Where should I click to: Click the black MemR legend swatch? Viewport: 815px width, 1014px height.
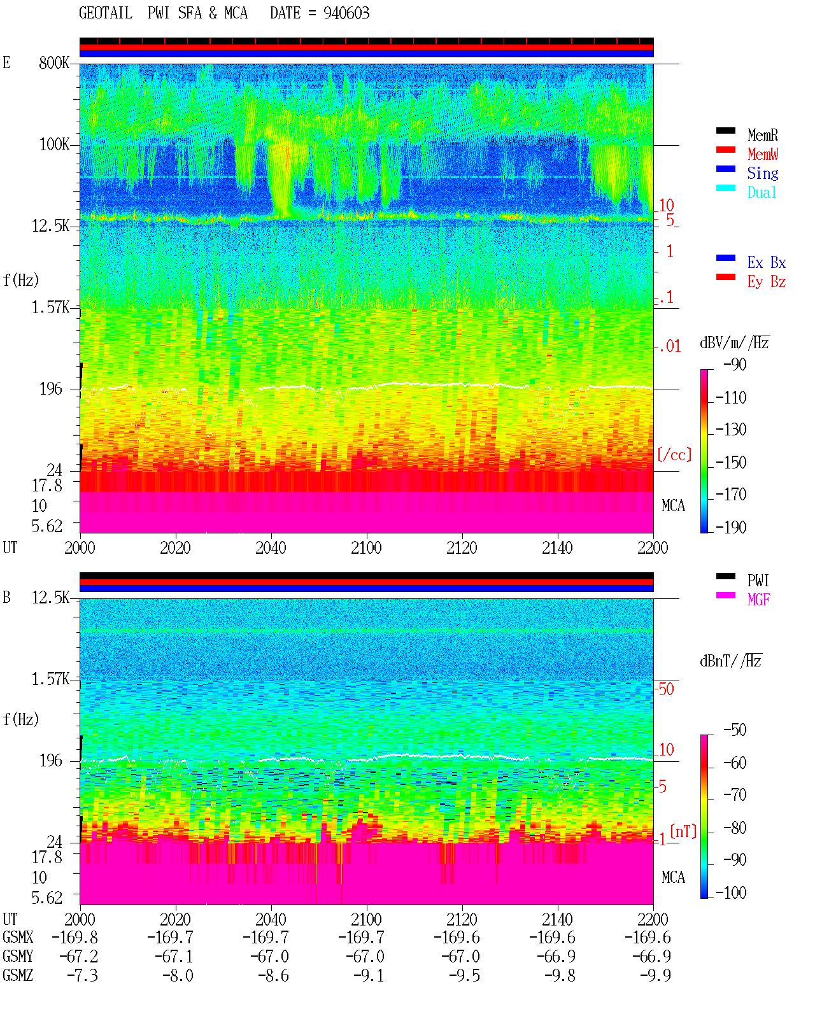(x=725, y=130)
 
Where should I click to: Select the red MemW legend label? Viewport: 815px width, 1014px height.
(x=763, y=153)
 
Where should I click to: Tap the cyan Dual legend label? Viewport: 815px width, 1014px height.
(x=762, y=192)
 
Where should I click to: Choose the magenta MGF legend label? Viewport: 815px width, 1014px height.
(x=758, y=600)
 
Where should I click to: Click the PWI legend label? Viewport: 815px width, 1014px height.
(x=758, y=580)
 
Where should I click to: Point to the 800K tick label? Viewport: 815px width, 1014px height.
(x=54, y=62)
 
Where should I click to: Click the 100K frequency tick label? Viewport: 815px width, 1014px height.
(x=54, y=144)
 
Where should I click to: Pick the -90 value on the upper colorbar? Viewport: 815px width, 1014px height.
(x=735, y=364)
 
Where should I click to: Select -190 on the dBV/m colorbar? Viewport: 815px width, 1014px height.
(x=731, y=527)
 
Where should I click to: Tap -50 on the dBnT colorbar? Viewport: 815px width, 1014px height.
(x=735, y=730)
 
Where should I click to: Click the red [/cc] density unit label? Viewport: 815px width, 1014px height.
(x=674, y=454)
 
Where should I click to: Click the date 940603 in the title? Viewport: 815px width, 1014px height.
(x=346, y=13)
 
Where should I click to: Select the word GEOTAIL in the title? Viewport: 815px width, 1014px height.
(x=106, y=13)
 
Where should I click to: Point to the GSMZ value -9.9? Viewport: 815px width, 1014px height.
(x=655, y=975)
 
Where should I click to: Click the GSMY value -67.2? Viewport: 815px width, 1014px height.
(x=79, y=956)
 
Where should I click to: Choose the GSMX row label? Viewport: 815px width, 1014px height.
(x=18, y=937)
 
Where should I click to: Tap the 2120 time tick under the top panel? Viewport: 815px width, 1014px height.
(x=462, y=547)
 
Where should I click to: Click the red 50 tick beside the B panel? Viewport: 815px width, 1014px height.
(x=666, y=689)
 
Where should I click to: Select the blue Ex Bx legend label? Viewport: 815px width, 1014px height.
(x=767, y=262)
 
